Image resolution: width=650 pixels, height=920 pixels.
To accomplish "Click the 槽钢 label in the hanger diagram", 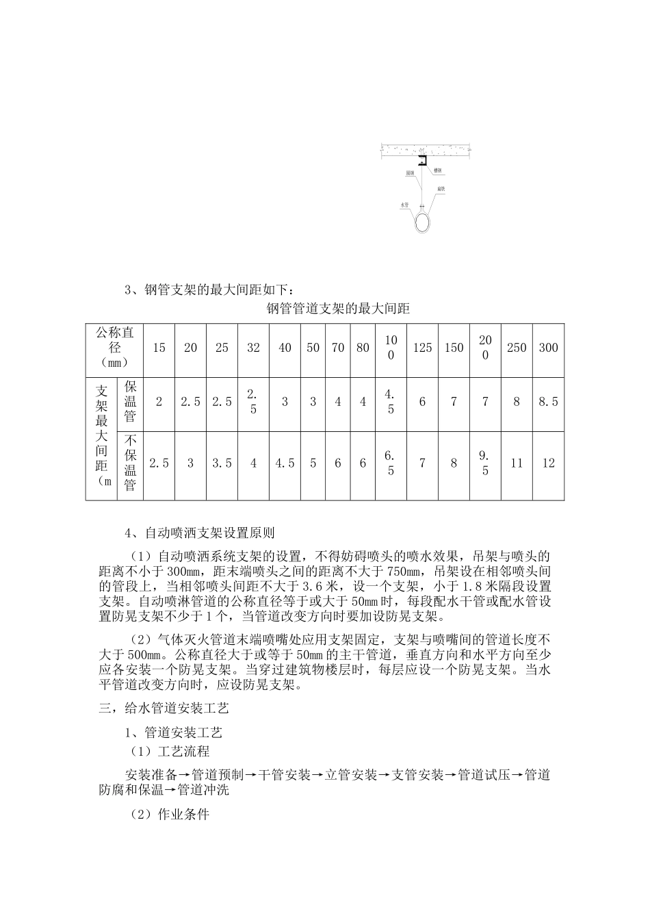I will point(437,168).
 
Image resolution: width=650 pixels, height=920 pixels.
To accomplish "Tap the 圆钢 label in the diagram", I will point(410,174).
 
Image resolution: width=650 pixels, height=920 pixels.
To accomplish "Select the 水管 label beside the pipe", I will point(404,204).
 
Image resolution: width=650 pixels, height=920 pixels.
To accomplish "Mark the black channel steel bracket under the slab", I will point(424,160).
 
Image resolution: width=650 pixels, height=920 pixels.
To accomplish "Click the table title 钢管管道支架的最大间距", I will point(337,309).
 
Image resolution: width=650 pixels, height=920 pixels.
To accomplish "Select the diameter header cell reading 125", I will point(422,348).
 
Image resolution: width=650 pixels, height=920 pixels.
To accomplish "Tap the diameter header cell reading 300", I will point(548,348).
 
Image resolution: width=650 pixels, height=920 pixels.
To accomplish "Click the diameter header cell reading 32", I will point(253,348).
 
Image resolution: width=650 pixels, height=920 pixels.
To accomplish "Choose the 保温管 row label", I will point(130,402).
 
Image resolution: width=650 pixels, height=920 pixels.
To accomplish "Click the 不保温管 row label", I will point(130,463).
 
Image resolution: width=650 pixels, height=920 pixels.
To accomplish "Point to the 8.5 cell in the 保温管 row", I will point(548,402).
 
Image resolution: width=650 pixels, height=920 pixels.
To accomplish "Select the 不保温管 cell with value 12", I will point(548,463).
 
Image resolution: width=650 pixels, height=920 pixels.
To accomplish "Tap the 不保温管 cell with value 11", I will point(517,463).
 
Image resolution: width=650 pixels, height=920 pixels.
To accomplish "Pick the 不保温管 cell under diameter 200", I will point(485,463).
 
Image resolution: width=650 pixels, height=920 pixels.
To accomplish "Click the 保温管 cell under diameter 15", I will point(159,402).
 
